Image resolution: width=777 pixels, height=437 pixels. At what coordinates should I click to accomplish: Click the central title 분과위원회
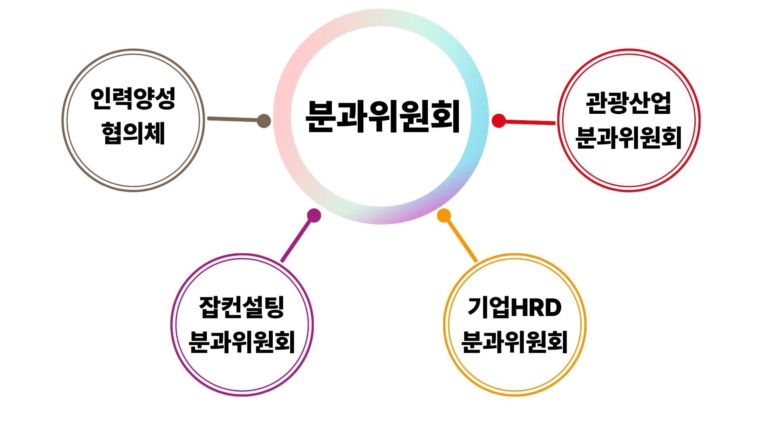pyautogui.click(x=383, y=117)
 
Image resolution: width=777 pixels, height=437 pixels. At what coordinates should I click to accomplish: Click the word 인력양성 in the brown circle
pyautogui.click(x=133, y=98)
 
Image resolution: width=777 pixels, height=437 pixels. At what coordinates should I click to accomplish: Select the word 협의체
pyautogui.click(x=133, y=133)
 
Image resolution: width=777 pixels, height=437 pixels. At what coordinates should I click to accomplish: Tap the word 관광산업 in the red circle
pyautogui.click(x=628, y=103)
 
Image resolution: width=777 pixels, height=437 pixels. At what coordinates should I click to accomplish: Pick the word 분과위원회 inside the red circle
pyautogui.click(x=628, y=138)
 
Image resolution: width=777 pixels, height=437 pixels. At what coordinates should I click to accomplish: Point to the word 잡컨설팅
pyautogui.click(x=242, y=308)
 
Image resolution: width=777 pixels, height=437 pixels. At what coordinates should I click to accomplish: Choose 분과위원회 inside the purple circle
pyautogui.click(x=242, y=342)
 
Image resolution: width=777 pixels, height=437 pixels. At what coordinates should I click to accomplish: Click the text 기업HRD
pyautogui.click(x=514, y=308)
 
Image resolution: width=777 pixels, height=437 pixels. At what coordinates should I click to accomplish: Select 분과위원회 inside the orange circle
pyautogui.click(x=514, y=342)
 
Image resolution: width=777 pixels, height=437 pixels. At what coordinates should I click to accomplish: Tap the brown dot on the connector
pyautogui.click(x=264, y=121)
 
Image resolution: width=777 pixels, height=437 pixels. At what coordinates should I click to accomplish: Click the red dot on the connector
pyautogui.click(x=499, y=121)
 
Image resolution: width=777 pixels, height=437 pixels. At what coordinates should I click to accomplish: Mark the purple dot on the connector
pyautogui.click(x=314, y=215)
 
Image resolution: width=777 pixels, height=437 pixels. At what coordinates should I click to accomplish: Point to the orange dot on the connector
pyautogui.click(x=444, y=216)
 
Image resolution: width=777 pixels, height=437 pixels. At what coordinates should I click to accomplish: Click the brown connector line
pyautogui.click(x=233, y=119)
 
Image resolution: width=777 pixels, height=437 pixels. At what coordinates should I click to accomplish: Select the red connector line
pyautogui.click(x=530, y=122)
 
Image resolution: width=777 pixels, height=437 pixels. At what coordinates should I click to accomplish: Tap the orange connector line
pyautogui.click(x=461, y=240)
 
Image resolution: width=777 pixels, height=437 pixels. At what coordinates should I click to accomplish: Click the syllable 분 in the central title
pyautogui.click(x=322, y=117)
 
